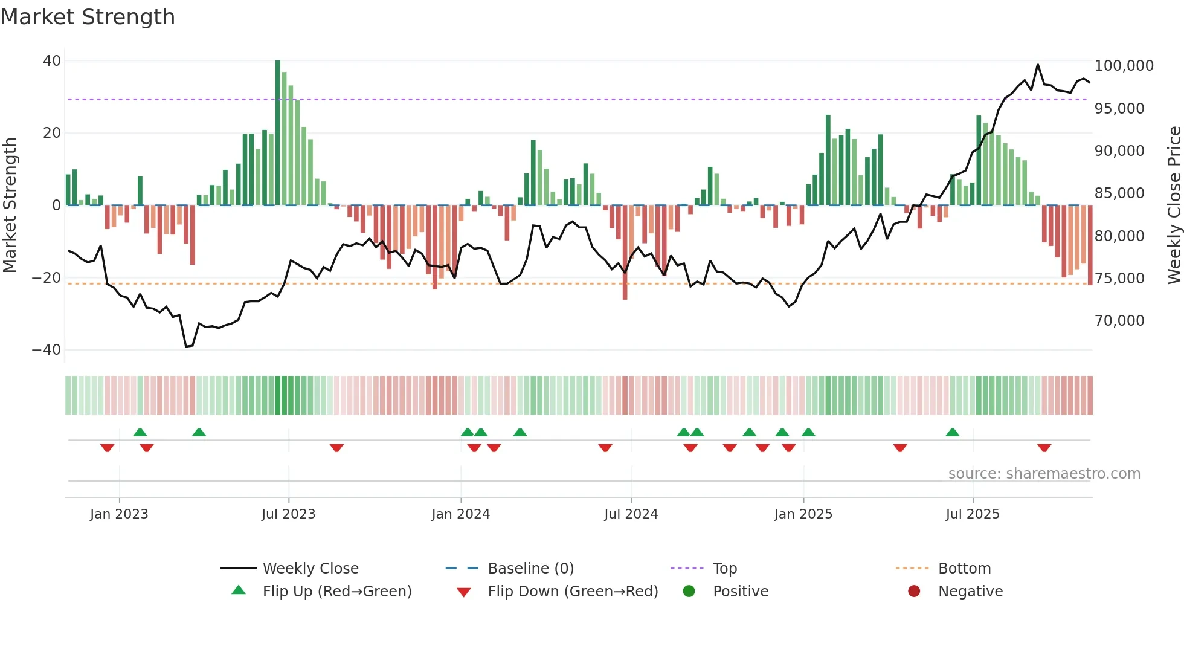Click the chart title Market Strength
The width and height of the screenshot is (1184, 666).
pos(88,17)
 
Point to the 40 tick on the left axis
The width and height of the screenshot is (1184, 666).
pos(52,61)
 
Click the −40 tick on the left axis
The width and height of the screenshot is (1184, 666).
pos(47,350)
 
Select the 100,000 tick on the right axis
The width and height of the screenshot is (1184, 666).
pos(1124,66)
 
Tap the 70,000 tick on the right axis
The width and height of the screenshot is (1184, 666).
pos(1119,321)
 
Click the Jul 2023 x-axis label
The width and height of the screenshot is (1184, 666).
pos(288,514)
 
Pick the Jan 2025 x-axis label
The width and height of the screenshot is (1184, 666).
pos(803,514)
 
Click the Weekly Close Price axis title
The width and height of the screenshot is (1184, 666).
pos(1174,205)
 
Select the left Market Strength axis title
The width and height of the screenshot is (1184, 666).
pos(10,205)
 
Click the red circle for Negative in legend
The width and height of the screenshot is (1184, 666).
pos(914,591)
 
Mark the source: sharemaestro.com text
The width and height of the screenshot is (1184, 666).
pos(1044,474)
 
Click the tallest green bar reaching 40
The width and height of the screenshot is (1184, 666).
pos(278,133)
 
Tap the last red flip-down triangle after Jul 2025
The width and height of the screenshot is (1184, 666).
pos(1044,448)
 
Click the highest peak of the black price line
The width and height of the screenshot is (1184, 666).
pos(1038,65)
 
